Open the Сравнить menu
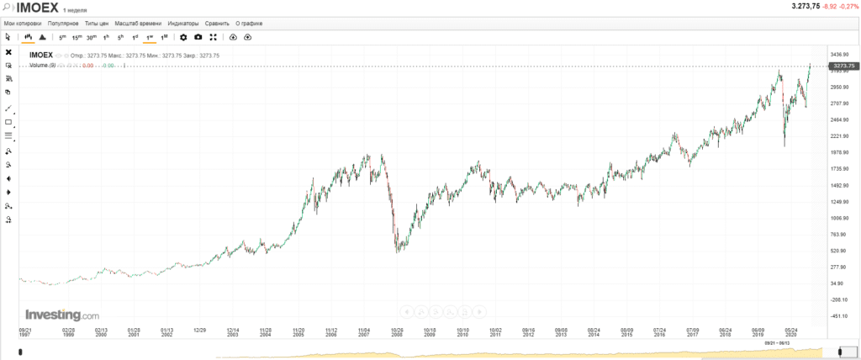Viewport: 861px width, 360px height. tap(217, 24)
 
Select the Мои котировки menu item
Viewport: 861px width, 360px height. tap(24, 24)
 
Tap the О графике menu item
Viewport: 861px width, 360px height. tap(248, 24)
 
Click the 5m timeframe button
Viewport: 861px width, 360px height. tap(62, 37)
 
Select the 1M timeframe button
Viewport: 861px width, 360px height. tap(164, 37)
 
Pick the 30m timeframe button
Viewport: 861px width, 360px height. tap(91, 37)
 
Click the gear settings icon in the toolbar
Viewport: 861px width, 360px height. tap(184, 37)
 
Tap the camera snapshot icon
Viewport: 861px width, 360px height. tap(198, 37)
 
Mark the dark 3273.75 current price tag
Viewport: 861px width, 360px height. tap(843, 66)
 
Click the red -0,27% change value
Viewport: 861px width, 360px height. tap(847, 7)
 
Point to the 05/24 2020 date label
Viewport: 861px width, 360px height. tap(791, 332)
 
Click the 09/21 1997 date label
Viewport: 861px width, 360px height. tap(25, 332)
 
